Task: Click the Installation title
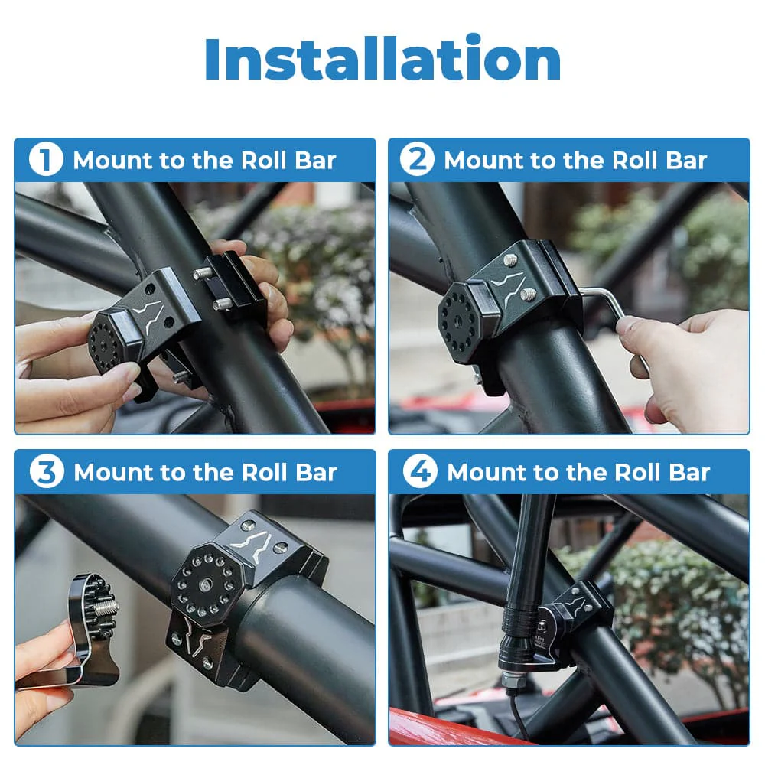[x=382, y=60]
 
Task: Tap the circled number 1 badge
[x=45, y=161]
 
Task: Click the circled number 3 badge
[x=46, y=472]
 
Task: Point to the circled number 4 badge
[x=419, y=472]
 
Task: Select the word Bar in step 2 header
[x=686, y=161]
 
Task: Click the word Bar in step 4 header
[x=689, y=472]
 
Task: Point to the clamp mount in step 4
[x=578, y=612]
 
